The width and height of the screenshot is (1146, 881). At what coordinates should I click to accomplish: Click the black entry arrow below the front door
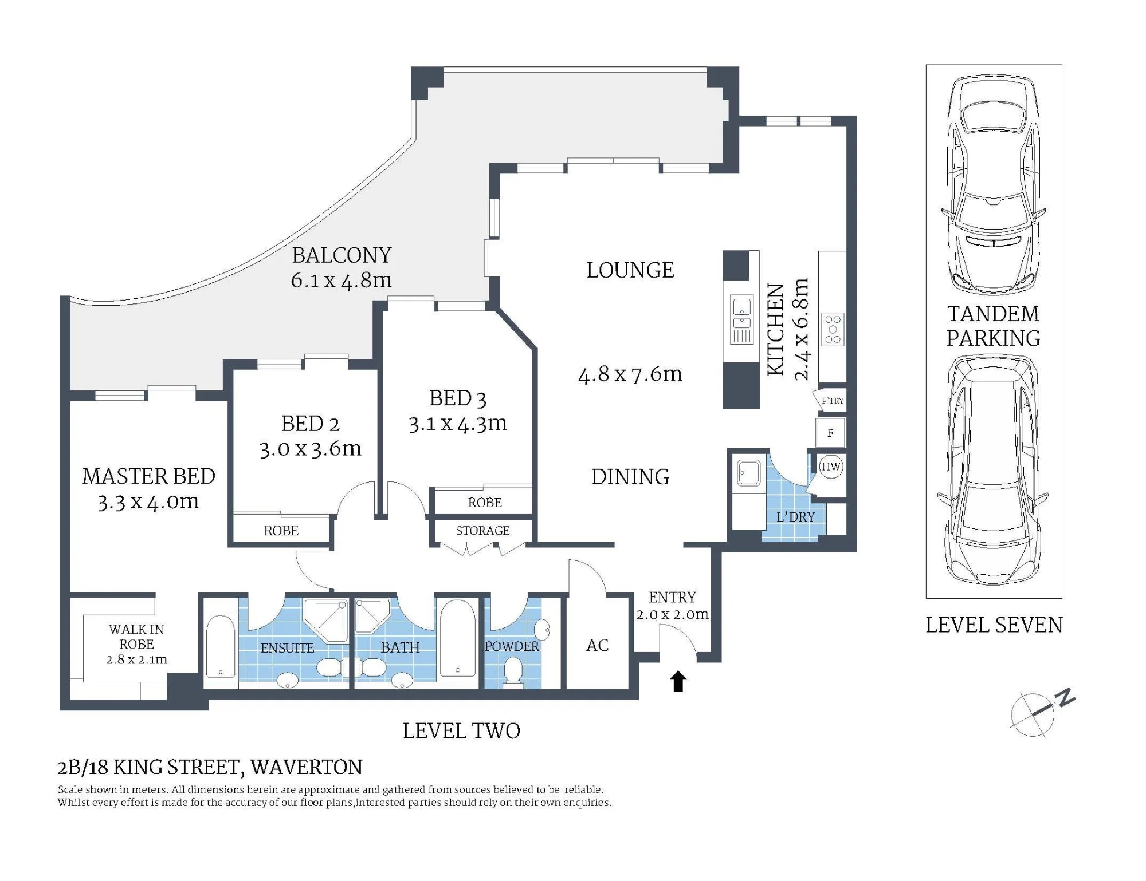point(678,681)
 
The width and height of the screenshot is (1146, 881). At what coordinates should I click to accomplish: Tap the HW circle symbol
point(831,467)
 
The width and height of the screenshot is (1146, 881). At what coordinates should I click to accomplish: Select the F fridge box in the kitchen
point(830,433)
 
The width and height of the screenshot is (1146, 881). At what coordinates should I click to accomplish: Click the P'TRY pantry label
point(833,401)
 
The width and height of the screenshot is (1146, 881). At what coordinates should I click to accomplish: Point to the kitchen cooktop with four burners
point(833,329)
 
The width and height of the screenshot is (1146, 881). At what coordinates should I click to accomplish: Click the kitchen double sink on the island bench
point(742,320)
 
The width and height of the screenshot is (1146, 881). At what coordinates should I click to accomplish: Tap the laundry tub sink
point(749,473)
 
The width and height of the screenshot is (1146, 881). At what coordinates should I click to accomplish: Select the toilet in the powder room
point(513,671)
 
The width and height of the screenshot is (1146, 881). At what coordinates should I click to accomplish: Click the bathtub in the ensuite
point(221,646)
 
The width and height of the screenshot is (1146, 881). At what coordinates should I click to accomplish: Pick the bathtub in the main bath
point(457,638)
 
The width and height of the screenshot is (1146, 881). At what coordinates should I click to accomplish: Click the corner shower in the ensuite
point(325,620)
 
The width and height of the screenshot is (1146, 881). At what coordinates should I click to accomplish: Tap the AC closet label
point(598,645)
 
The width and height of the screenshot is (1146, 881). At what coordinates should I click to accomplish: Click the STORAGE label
point(482,531)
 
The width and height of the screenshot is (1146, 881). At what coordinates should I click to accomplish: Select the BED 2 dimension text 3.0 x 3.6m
point(311,449)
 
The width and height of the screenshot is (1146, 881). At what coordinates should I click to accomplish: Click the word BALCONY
point(342,255)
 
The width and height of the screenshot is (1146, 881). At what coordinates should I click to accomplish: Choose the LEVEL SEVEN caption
point(994,625)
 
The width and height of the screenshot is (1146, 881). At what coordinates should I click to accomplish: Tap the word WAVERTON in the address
point(307,767)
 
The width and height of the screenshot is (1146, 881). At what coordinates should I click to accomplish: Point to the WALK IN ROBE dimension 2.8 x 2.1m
point(136,659)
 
